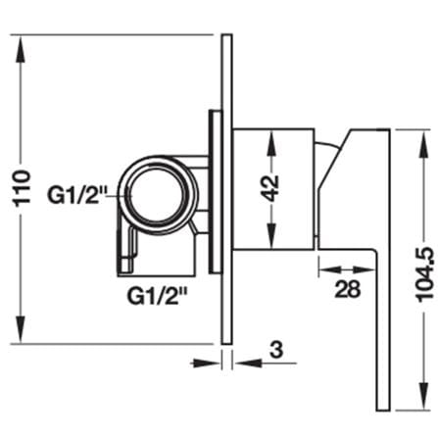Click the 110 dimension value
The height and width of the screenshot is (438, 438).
point(23,187)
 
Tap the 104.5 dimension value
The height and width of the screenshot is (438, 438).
point(424,274)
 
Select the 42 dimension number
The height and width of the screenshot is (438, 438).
point(270,188)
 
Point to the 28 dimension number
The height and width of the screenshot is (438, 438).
point(348,289)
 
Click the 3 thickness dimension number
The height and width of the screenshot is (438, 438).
point(276,349)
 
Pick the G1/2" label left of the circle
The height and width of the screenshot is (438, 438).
point(75,195)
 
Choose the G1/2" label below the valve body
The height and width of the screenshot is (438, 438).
point(158,296)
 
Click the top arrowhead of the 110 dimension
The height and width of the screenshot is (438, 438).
point(21,49)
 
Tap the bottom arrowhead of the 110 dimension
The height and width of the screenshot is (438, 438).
point(21,329)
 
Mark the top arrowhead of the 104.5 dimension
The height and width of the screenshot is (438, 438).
point(424,144)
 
